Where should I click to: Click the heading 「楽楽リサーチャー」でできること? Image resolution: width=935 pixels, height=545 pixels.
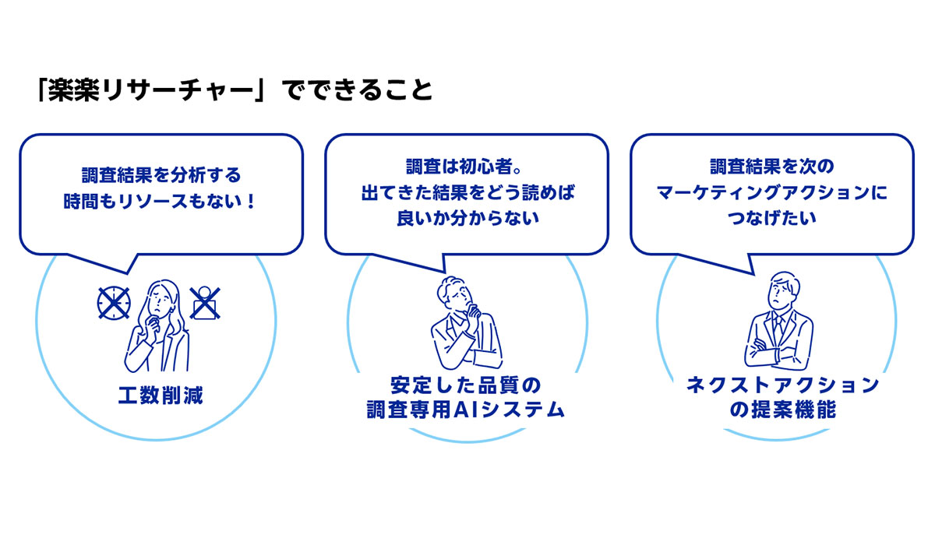pos(235,90)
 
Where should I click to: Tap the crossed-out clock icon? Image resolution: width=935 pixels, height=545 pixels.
pos(114,303)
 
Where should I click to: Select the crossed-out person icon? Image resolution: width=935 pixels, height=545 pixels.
pos(205,303)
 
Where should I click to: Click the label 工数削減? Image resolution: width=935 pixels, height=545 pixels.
pos(161,396)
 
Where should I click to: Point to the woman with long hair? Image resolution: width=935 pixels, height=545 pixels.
pos(157,325)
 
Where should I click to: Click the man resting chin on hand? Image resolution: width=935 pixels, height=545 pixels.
pos(467,323)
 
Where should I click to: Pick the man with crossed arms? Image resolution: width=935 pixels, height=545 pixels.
pos(778,320)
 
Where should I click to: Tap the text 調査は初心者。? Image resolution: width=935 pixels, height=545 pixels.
pos(464,167)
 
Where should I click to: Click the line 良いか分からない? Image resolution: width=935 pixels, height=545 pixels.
pos(467,218)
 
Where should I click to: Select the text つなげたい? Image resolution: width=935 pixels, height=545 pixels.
pos(772,218)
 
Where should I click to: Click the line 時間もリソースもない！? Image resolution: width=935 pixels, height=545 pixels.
pos(160,202)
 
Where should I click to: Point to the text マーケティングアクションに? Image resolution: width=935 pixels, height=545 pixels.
pos(772,192)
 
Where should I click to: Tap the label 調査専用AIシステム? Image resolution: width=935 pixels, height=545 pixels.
pos(466,410)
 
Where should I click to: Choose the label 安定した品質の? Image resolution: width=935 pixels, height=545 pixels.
pos(466,385)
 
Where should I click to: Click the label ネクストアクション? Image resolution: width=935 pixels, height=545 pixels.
pos(783,385)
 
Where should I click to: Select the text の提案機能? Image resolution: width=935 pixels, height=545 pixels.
pos(783,410)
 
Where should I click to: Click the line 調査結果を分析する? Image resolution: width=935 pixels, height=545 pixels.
pos(161,175)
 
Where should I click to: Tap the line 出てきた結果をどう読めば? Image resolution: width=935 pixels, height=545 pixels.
pos(467,192)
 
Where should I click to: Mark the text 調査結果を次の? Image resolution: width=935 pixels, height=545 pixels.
pos(772,167)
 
